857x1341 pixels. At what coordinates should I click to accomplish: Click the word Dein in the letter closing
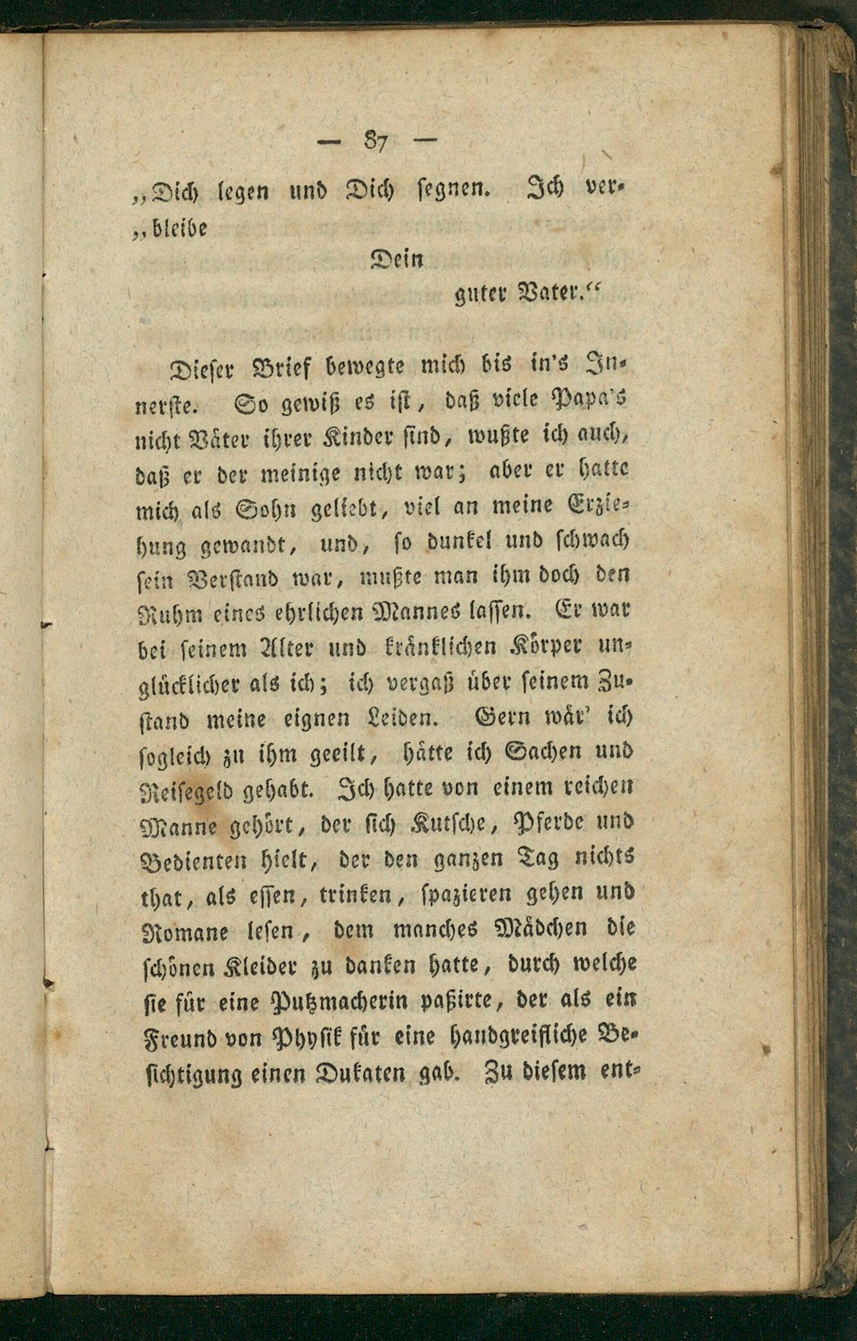(x=396, y=260)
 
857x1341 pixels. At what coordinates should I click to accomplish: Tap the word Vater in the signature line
(x=551, y=296)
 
